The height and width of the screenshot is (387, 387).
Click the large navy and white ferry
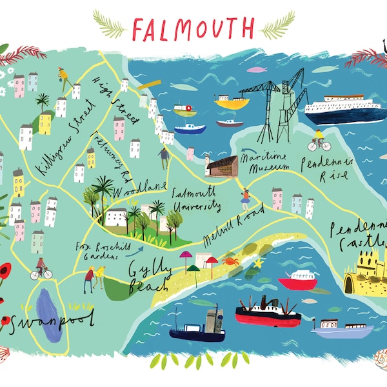[x=345, y=110]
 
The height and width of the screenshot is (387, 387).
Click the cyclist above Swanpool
[x=41, y=268]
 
